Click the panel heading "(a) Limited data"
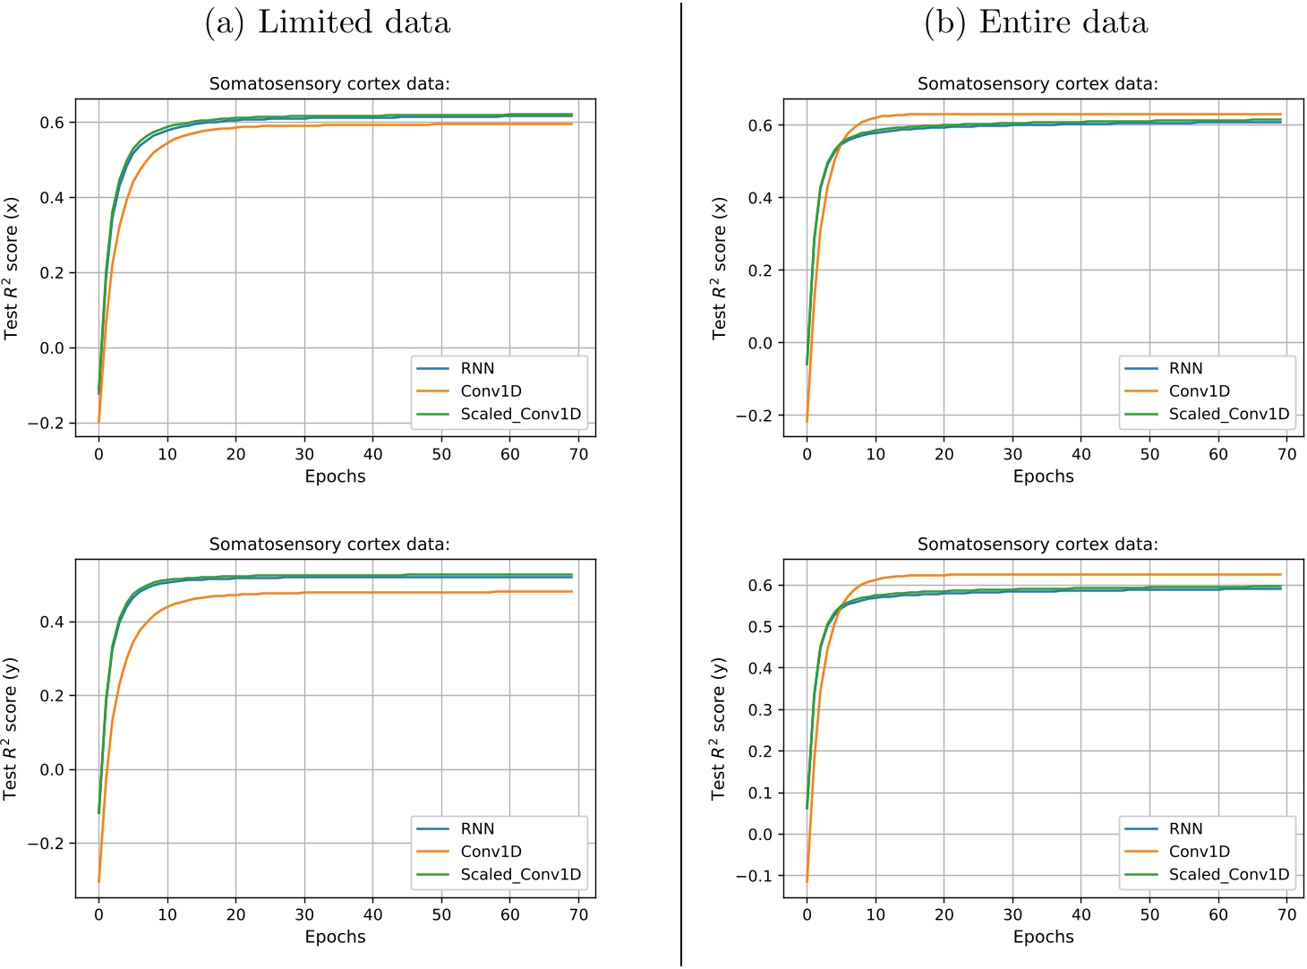[327, 22]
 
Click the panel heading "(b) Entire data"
[1035, 22]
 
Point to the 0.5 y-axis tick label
[760, 627]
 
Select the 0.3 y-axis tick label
[760, 710]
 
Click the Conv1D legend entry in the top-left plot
[491, 391]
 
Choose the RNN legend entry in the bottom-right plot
[1185, 829]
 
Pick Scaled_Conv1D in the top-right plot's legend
[1228, 414]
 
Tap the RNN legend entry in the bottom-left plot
[477, 829]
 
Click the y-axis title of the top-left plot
[12, 269]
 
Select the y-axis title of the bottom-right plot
[720, 729]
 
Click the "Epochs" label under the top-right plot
[1043, 476]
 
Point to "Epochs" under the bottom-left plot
[335, 937]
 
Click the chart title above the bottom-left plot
[329, 545]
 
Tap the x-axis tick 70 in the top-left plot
[578, 454]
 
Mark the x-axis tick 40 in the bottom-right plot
[1081, 914]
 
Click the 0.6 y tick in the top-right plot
[760, 125]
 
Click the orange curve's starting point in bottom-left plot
[98, 882]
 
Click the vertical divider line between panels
[681, 484]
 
